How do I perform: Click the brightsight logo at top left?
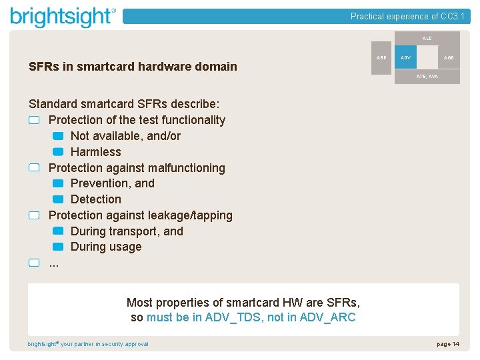[63, 17]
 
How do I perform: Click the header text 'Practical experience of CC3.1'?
[407, 16]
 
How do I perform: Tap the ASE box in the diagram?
[381, 58]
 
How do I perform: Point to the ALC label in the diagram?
[427, 39]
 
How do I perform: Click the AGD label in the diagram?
[449, 58]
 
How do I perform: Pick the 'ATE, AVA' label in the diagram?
[427, 77]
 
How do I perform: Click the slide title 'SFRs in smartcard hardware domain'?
[133, 67]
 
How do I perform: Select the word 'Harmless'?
[96, 152]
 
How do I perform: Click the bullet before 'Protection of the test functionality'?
[35, 121]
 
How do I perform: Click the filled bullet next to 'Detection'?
[58, 199]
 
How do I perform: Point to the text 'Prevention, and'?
[113, 183]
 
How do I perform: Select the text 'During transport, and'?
[127, 231]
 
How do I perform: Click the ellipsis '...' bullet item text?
[54, 263]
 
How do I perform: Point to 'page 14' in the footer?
[448, 344]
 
